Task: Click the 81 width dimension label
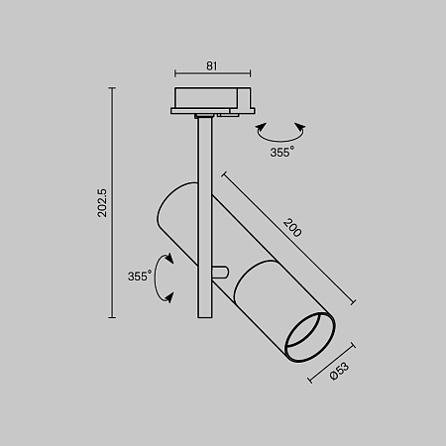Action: click(212, 65)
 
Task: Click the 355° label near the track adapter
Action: click(281, 153)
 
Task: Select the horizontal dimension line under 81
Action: click(212, 74)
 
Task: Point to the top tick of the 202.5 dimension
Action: click(112, 89)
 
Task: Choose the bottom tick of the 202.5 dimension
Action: click(112, 317)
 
